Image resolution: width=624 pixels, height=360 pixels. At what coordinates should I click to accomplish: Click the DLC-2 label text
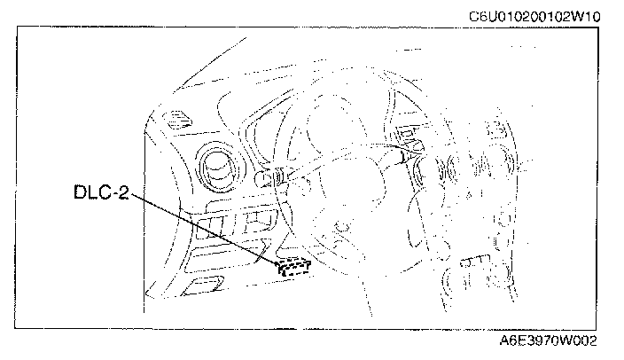[x=100, y=191]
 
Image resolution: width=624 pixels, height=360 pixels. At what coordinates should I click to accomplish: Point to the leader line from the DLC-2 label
[x=204, y=228]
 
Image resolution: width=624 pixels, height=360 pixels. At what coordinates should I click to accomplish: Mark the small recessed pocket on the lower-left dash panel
[x=204, y=285]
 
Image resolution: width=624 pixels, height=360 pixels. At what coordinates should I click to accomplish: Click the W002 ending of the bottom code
[x=578, y=340]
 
